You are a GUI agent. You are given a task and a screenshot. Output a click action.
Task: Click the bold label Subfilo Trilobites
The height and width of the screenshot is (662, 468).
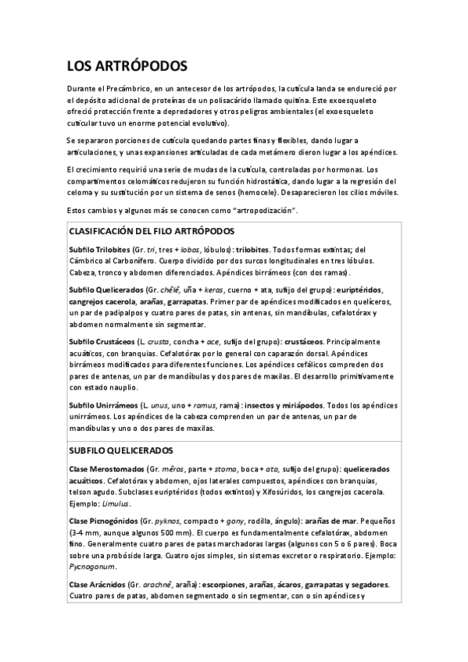[x=98, y=248]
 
